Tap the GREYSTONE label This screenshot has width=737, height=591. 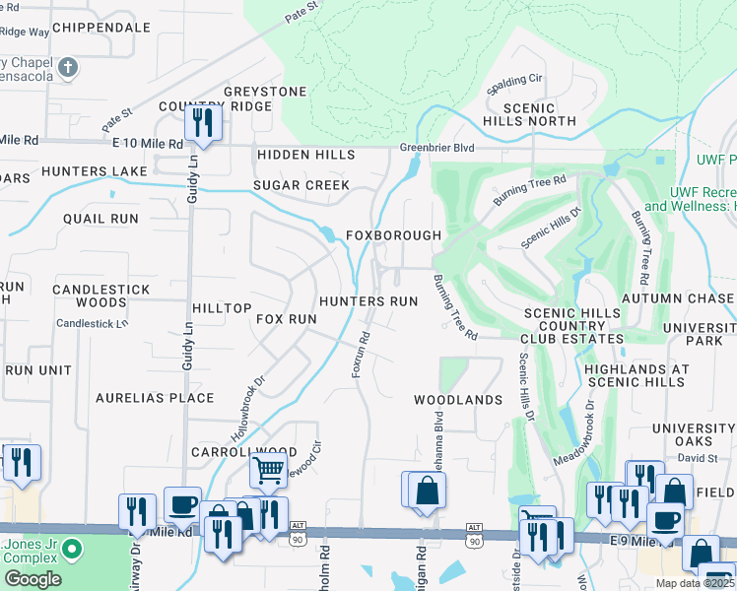click(x=265, y=92)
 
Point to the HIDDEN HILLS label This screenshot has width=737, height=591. click(x=306, y=156)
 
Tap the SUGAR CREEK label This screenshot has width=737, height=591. click(x=301, y=185)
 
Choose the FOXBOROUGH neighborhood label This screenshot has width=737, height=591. click(x=393, y=236)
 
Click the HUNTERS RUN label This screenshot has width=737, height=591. click(x=368, y=301)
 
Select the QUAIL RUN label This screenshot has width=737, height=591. click(x=100, y=218)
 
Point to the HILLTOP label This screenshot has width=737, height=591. click(x=222, y=308)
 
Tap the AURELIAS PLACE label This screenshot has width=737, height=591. click(x=155, y=398)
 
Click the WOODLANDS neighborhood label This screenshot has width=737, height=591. click(x=458, y=400)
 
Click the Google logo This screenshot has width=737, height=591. click(x=33, y=579)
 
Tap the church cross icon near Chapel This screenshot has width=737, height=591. click(x=68, y=67)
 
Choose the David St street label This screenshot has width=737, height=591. click(x=697, y=459)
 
